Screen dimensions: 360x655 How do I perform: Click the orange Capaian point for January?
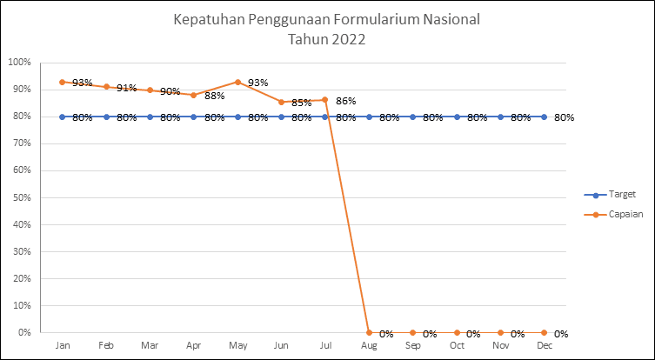click(x=63, y=82)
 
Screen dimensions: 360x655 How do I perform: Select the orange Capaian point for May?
click(x=237, y=82)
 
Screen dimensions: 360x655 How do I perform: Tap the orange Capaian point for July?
click(x=325, y=99)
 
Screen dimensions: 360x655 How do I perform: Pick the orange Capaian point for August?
click(x=369, y=332)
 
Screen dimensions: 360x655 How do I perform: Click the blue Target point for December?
click(x=545, y=117)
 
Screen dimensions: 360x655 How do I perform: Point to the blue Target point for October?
click(x=457, y=117)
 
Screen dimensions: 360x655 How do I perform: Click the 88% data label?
click(x=215, y=96)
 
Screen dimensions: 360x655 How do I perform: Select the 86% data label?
click(x=346, y=101)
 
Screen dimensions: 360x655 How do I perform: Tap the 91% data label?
click(x=127, y=88)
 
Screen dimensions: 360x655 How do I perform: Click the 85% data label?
click(x=302, y=103)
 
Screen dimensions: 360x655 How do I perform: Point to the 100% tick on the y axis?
click(x=19, y=63)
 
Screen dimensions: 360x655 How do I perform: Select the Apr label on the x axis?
click(x=194, y=346)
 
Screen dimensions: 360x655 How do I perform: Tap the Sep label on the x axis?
click(x=412, y=346)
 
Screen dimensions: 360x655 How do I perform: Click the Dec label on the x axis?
click(x=545, y=346)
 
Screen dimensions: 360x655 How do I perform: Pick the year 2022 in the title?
click(x=347, y=38)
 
